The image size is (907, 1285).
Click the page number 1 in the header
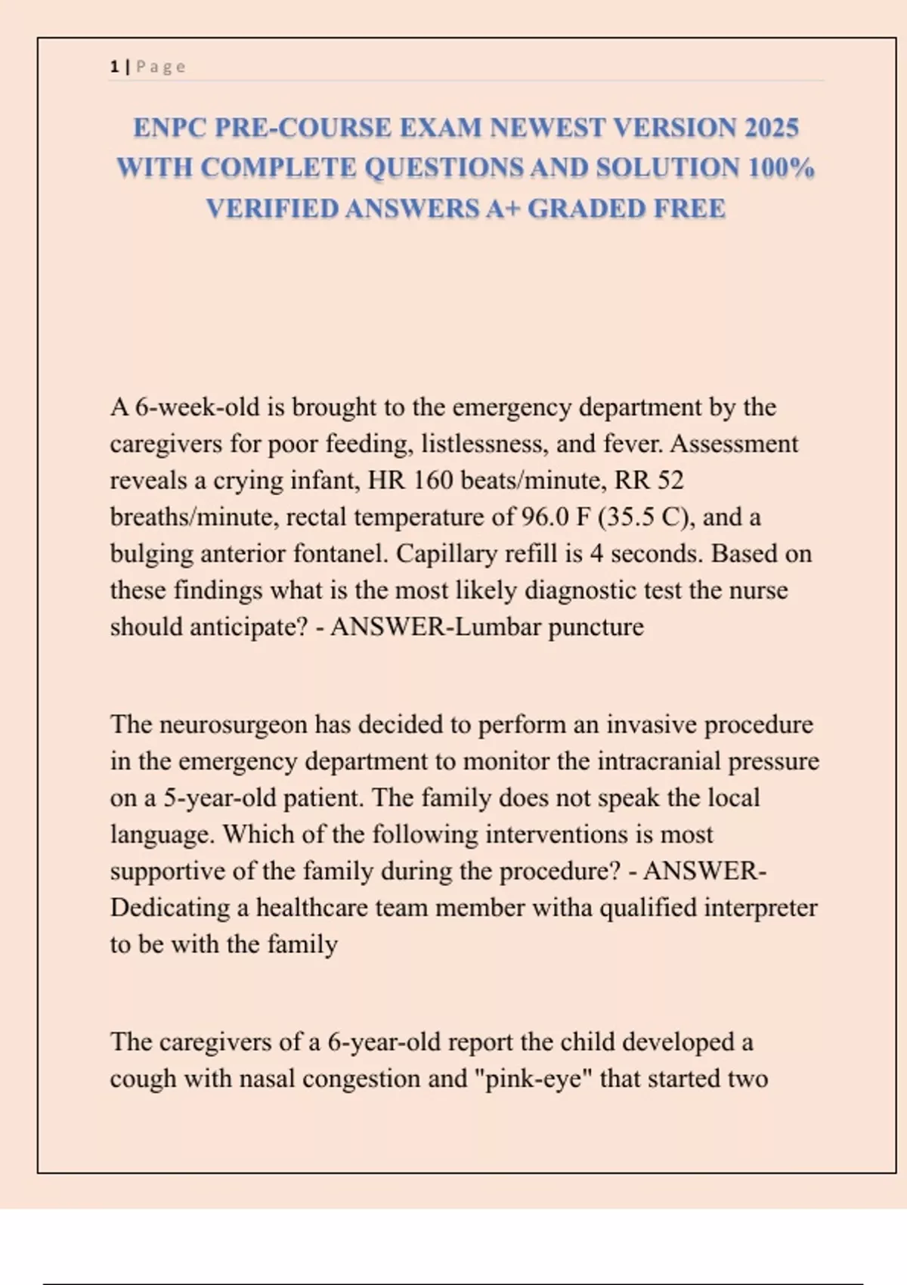tap(114, 67)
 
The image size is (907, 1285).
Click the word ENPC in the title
tap(170, 128)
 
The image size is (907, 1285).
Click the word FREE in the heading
tap(689, 209)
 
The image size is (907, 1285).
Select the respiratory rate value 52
tap(670, 481)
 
